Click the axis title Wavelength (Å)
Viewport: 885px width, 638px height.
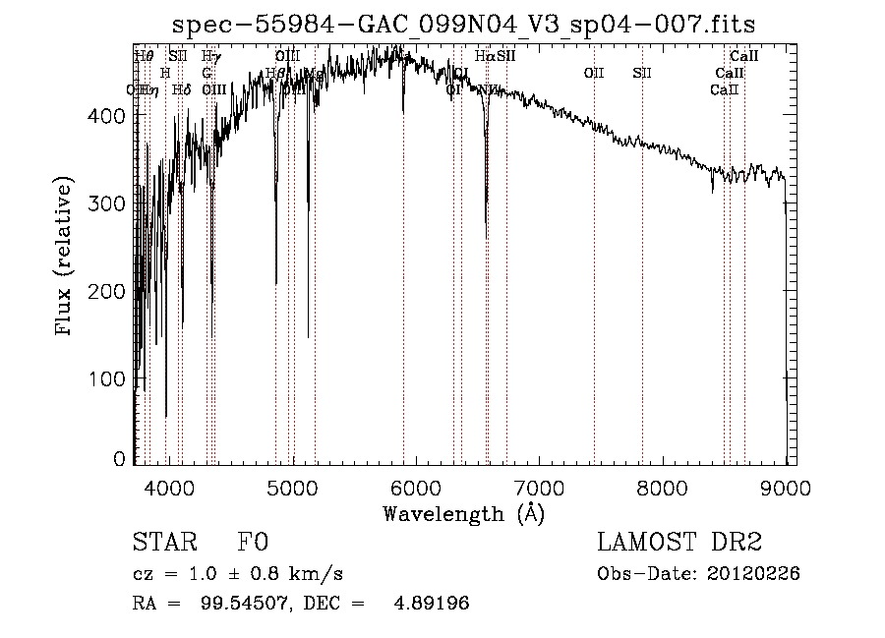463,513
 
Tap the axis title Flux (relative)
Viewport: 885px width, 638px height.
66,259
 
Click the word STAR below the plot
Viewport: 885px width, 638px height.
162,544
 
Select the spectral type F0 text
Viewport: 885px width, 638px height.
253,544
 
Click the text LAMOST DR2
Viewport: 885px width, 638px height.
679,544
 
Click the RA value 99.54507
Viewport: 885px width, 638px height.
236,604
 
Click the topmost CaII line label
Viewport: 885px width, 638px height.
743,56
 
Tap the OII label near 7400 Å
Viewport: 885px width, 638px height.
593,73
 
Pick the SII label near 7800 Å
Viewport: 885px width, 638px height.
642,73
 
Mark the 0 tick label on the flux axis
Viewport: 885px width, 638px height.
120,459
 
